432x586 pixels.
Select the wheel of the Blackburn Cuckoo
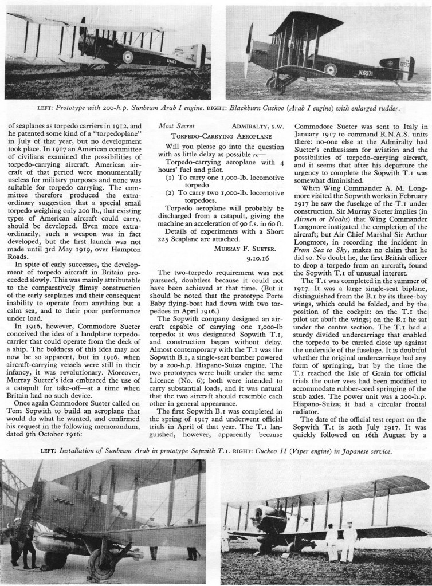pos(277,85)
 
